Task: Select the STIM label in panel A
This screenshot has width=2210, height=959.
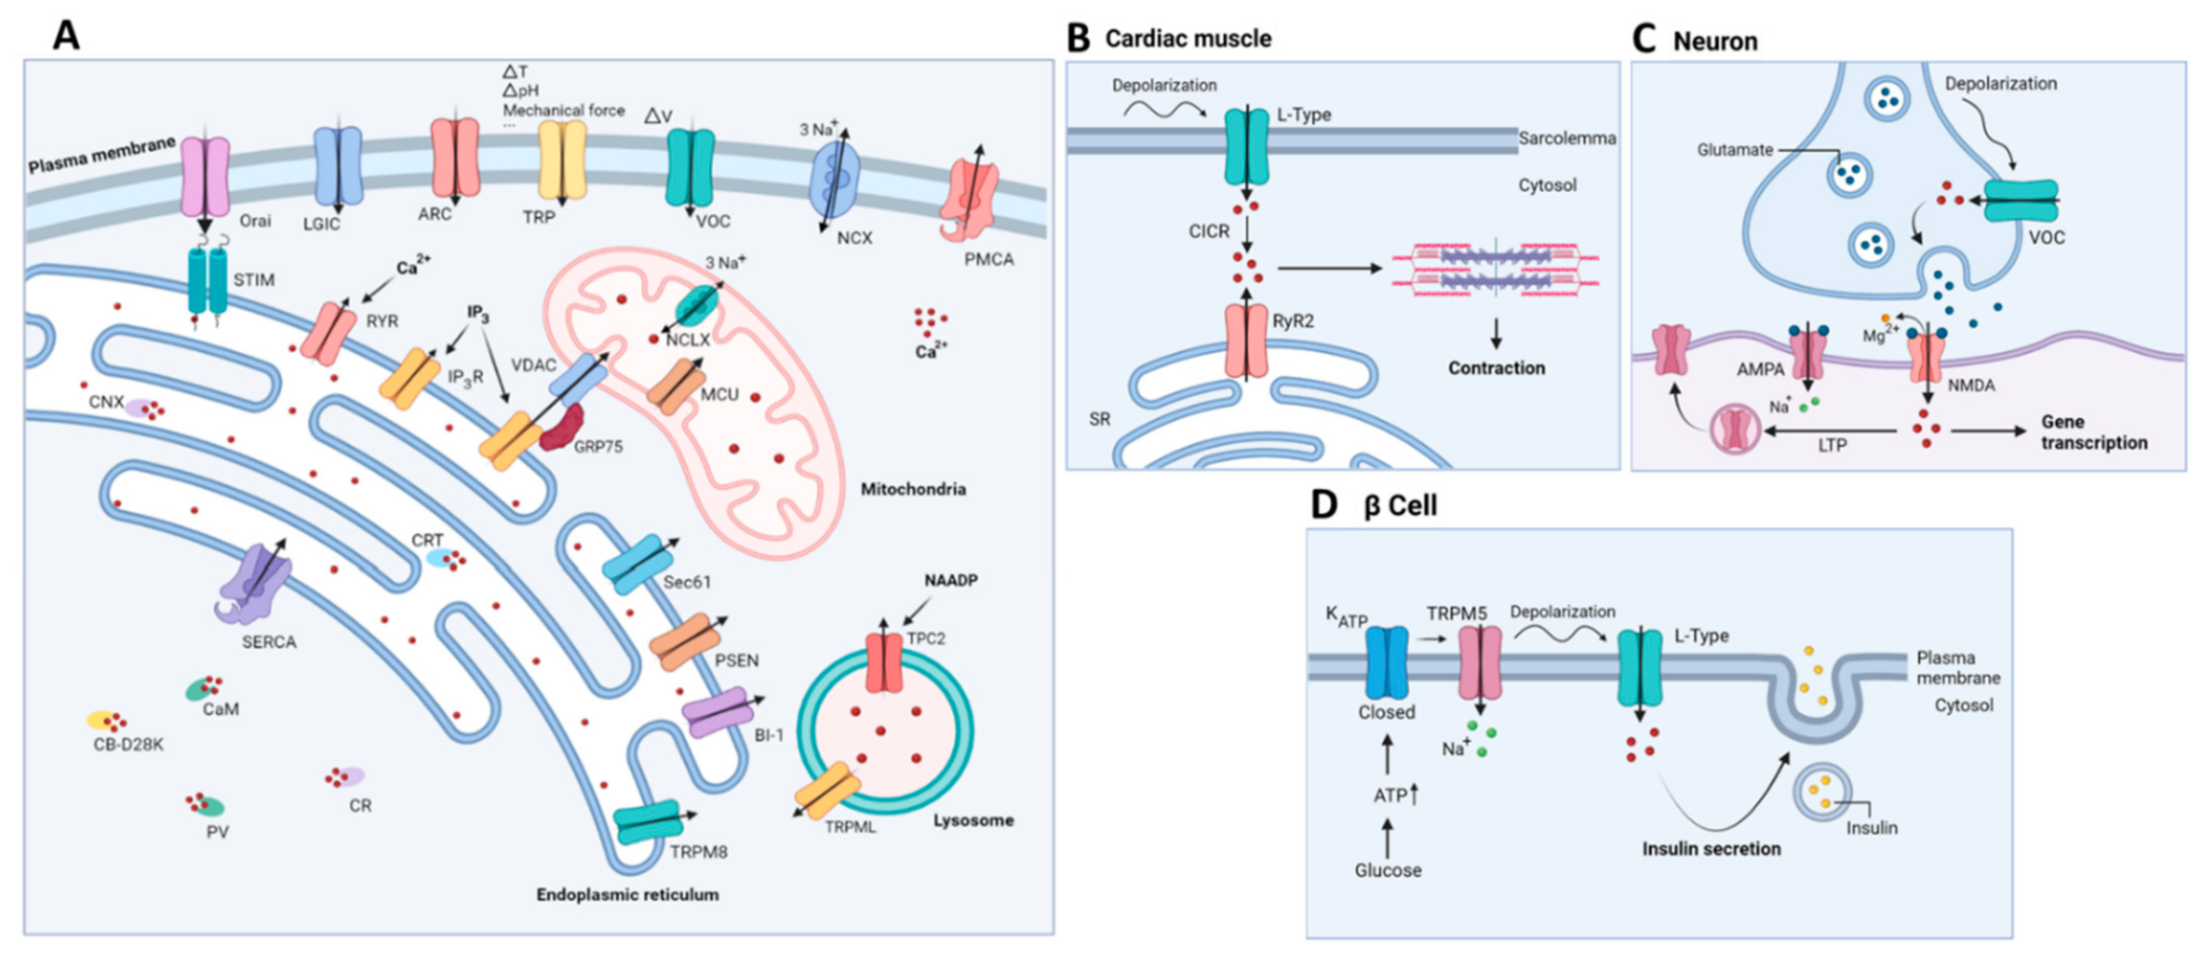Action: click(254, 280)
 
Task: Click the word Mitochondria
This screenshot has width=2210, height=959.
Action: click(913, 489)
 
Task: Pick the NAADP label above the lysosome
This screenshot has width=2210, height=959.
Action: click(951, 581)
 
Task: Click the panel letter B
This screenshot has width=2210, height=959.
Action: click(1078, 39)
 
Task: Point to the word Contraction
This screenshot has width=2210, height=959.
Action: click(1496, 368)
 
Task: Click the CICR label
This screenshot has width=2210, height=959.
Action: click(1209, 231)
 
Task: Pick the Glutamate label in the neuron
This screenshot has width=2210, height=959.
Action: click(1735, 149)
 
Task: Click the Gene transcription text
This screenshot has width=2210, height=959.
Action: click(2094, 433)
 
